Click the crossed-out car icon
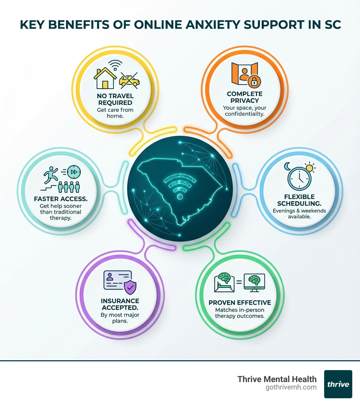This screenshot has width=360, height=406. [x=129, y=80]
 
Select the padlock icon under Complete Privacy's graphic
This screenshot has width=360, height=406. [x=252, y=82]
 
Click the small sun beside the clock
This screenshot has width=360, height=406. [x=310, y=168]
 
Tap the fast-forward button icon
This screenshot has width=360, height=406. [x=74, y=172]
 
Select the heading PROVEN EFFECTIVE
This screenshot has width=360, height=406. [x=240, y=303]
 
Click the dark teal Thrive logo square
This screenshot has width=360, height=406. [x=338, y=384]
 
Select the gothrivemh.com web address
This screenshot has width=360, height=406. [x=291, y=387]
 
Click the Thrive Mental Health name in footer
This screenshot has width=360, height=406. [x=277, y=379]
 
